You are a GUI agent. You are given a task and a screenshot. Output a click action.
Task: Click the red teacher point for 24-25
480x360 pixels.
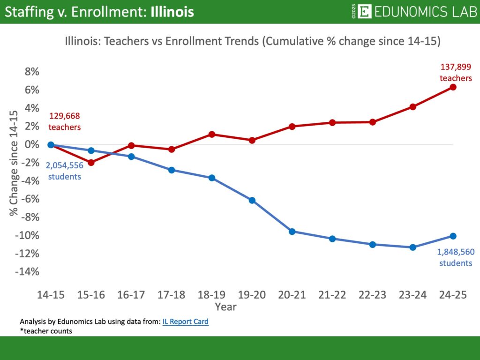(x=453, y=87)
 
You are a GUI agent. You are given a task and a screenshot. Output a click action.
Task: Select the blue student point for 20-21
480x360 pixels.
(x=292, y=232)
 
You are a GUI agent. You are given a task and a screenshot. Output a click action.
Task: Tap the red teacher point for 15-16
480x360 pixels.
(x=91, y=163)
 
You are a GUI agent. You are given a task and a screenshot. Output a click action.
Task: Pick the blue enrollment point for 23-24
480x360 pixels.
(x=412, y=247)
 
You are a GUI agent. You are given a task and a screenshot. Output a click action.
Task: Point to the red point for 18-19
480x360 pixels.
(x=211, y=134)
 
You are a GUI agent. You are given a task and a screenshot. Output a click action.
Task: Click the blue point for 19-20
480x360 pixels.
(x=252, y=200)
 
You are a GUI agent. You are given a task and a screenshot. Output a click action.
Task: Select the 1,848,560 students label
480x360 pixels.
(x=456, y=257)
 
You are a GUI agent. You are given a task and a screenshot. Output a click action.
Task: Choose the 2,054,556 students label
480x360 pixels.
(x=64, y=171)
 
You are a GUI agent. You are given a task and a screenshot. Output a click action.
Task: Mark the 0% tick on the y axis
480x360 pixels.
(x=30, y=144)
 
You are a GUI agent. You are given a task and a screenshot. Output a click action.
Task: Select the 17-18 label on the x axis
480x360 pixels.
(x=171, y=295)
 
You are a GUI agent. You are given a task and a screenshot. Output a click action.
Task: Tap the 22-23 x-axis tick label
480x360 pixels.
(x=372, y=295)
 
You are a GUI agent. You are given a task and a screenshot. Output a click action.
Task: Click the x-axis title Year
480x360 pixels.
(x=225, y=307)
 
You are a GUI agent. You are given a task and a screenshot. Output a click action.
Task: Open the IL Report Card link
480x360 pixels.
(x=185, y=322)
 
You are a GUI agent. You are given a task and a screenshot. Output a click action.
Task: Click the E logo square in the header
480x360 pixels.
(x=364, y=12)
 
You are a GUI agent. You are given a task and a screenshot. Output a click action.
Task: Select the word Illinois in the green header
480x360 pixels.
(x=172, y=12)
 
